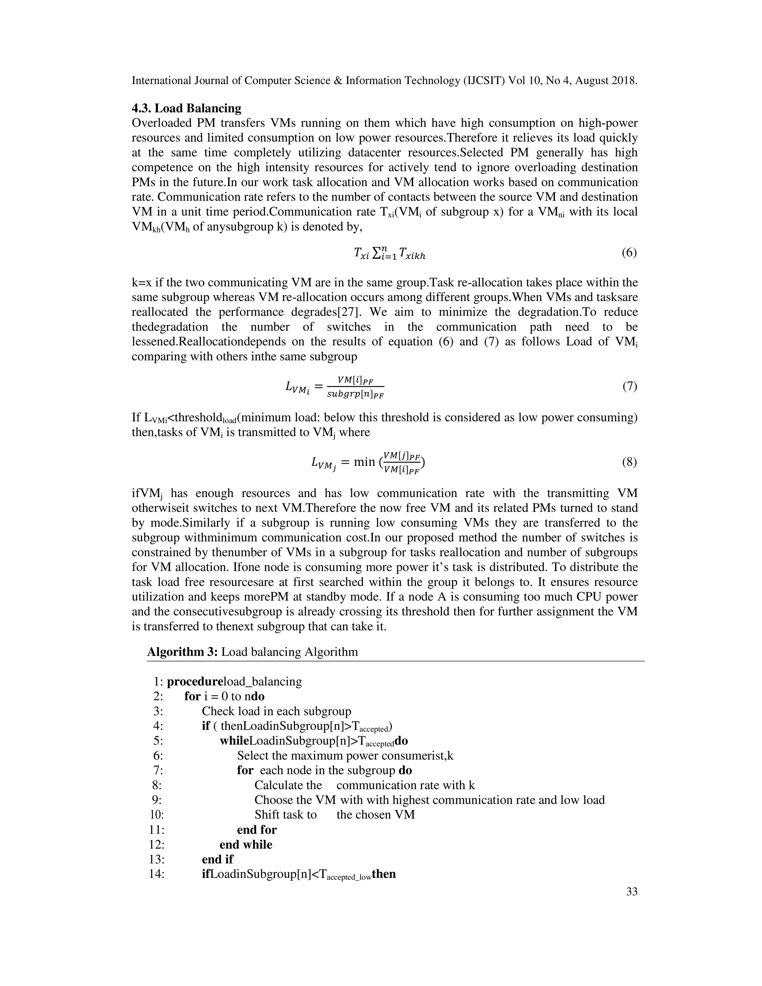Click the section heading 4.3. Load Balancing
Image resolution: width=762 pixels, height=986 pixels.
186,108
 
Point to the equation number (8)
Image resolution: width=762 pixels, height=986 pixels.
629,462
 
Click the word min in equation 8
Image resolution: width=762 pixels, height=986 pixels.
364,462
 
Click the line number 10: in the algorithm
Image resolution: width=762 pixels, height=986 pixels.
157,815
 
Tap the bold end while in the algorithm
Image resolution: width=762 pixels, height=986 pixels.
246,845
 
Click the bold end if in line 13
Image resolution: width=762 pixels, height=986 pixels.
218,859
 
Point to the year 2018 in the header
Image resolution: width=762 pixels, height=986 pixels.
624,81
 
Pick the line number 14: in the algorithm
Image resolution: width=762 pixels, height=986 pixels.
157,874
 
